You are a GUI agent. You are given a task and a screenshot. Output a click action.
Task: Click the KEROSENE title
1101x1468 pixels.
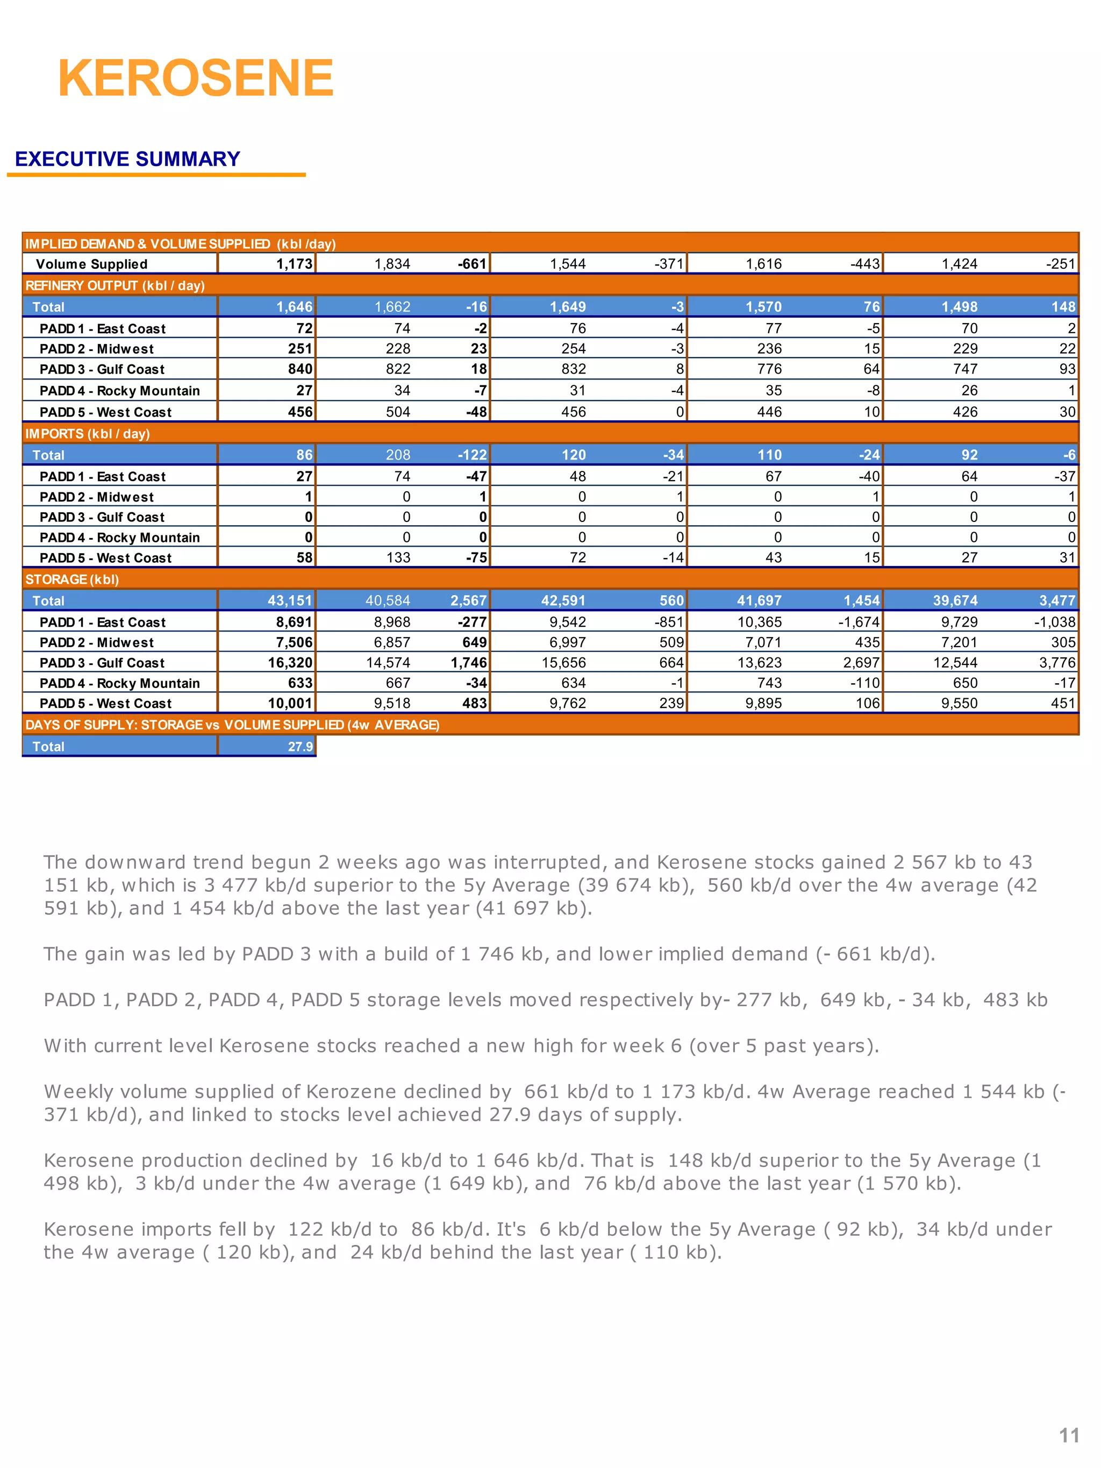pos(196,78)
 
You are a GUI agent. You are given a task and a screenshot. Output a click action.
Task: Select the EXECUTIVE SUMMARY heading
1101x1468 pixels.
pos(127,159)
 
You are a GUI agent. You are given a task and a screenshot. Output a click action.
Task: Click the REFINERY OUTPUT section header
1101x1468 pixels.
pos(115,286)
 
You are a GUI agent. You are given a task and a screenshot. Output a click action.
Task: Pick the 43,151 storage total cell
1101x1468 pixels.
pos(289,600)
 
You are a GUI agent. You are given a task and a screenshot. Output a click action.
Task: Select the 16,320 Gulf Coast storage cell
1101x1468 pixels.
pos(289,662)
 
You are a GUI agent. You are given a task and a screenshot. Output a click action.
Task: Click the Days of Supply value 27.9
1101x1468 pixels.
pos(300,747)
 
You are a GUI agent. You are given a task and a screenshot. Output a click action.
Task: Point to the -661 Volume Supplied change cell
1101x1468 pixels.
pos(472,264)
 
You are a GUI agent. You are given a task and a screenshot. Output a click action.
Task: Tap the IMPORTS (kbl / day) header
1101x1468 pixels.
pos(88,434)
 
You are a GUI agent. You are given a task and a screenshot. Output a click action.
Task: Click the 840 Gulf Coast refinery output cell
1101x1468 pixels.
pos(300,369)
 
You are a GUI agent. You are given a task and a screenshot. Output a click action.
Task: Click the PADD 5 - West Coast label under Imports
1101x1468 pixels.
pos(105,558)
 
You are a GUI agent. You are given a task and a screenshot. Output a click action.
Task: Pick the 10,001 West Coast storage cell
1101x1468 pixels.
pos(289,704)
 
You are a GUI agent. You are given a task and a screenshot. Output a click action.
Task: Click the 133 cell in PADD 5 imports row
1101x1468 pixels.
pos(398,558)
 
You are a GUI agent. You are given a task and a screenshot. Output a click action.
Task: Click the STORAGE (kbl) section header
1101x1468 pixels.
pos(72,579)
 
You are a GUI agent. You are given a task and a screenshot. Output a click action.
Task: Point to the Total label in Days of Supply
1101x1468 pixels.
pos(48,747)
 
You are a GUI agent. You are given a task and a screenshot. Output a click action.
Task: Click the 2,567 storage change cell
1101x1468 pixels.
pos(468,600)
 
